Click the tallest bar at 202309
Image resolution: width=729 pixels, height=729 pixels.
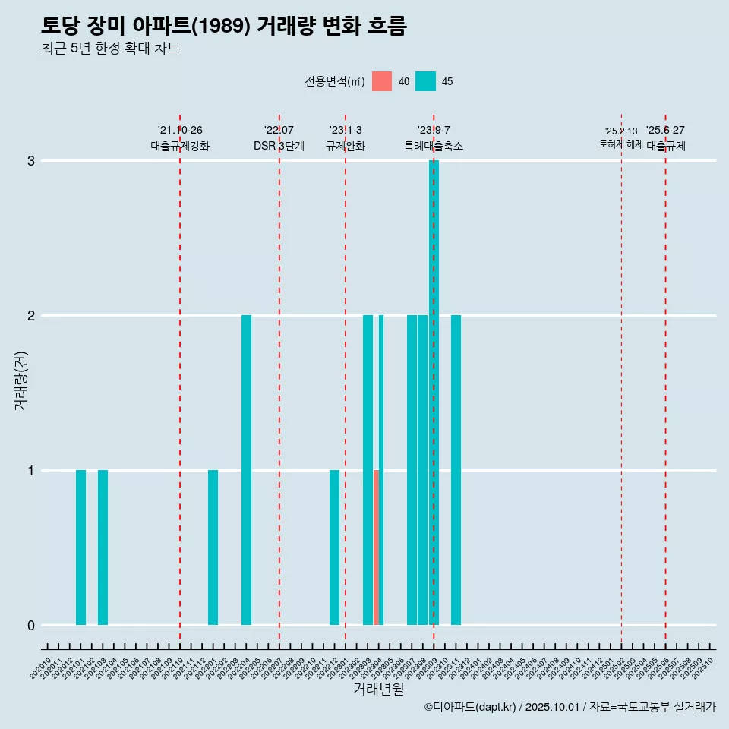tap(434, 392)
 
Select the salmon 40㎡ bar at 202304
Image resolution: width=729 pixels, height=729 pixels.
tap(376, 547)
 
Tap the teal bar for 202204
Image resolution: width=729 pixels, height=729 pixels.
tap(246, 469)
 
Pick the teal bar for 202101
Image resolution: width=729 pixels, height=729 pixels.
tap(80, 547)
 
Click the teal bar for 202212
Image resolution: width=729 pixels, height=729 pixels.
tap(334, 547)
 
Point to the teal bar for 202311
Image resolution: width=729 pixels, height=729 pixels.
tap(456, 469)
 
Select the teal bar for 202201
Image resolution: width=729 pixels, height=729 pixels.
tap(213, 547)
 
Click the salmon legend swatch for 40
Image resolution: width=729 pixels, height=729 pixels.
tap(382, 81)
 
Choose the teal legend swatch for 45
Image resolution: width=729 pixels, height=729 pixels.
tap(425, 81)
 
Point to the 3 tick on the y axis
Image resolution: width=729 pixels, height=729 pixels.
tap(31, 161)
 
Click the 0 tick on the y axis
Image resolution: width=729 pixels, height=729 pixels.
tap(31, 626)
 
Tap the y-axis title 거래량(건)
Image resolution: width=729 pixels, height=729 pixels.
tap(21, 380)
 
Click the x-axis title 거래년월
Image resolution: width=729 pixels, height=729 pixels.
tap(378, 689)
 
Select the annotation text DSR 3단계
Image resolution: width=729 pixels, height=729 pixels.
tap(279, 146)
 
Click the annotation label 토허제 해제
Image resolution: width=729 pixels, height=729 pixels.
tap(620, 144)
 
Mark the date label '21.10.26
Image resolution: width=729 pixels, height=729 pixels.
tap(180, 131)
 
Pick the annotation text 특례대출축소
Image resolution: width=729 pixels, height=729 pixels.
tap(434, 146)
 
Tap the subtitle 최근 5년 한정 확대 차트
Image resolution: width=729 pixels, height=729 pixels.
tap(111, 49)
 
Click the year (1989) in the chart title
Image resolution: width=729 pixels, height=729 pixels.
tap(222, 26)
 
